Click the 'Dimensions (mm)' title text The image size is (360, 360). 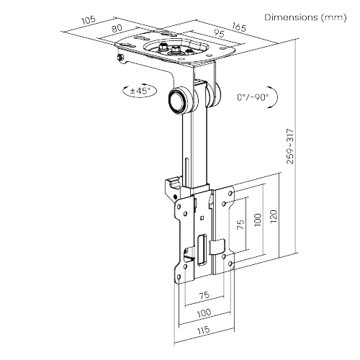(x=305, y=17)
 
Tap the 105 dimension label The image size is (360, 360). (x=89, y=20)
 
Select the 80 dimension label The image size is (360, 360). (x=117, y=28)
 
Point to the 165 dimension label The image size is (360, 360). (x=239, y=27)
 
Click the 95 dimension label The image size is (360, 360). (x=219, y=33)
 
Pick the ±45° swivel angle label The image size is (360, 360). (x=140, y=91)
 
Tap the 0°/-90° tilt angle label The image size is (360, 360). (x=253, y=97)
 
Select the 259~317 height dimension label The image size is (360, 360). (x=290, y=146)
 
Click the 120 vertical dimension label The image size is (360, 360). (x=274, y=217)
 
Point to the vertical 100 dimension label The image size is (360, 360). (x=257, y=220)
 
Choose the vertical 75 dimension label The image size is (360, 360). (x=240, y=224)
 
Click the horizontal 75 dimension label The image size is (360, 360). (x=204, y=295)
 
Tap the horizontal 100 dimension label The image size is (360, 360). (x=204, y=312)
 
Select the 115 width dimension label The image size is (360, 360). (x=204, y=330)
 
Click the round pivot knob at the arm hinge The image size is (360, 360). (x=178, y=102)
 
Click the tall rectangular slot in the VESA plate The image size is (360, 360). (x=202, y=250)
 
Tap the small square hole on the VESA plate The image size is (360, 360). (x=202, y=218)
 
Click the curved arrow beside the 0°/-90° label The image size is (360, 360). (x=273, y=97)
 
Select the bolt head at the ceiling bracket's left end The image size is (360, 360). (x=120, y=58)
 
